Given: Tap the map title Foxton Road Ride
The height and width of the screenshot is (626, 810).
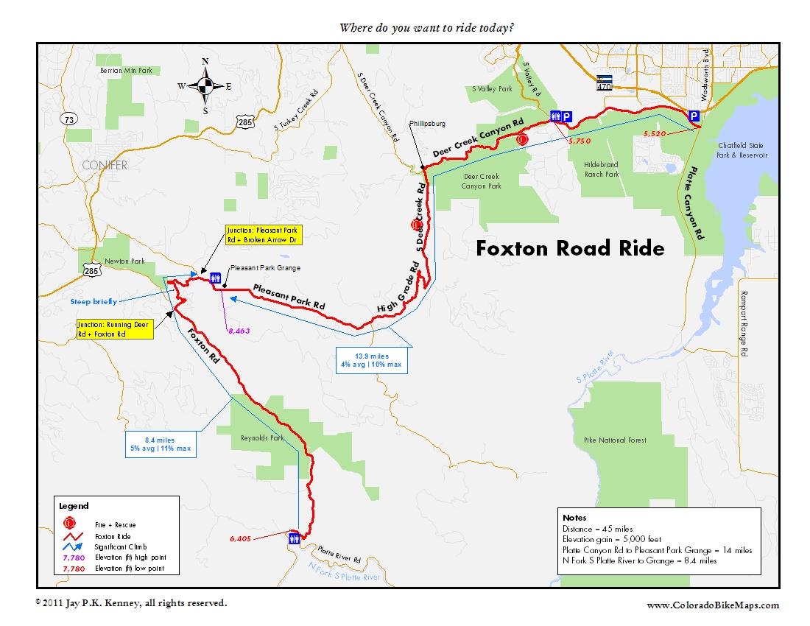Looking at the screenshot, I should [x=570, y=248].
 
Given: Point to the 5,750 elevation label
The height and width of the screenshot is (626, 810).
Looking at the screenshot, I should [x=579, y=140].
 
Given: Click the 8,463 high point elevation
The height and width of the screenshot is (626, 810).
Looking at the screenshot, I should [x=238, y=331].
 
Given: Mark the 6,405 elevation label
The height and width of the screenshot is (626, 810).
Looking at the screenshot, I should [x=240, y=539].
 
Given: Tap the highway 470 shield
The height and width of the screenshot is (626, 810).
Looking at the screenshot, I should [x=604, y=82].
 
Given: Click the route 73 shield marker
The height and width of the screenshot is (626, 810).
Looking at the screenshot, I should [x=69, y=119].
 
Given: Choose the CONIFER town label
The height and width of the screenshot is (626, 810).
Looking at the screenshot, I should [x=105, y=165].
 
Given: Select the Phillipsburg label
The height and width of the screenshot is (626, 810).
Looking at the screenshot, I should [x=429, y=124].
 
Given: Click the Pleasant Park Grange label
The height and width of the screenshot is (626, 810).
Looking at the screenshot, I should [x=265, y=269].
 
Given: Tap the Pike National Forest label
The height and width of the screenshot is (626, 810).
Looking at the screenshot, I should [x=610, y=440].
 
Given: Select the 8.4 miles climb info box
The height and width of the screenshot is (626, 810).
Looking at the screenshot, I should [x=161, y=444].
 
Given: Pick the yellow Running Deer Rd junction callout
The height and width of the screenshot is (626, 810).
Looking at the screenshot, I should [x=114, y=329].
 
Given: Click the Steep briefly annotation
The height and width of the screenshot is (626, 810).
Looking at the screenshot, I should [x=94, y=301].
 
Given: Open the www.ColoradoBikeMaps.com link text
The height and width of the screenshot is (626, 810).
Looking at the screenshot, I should [x=712, y=605].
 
